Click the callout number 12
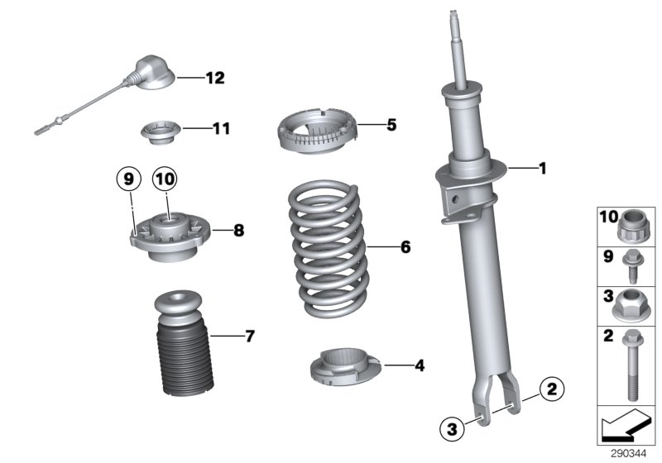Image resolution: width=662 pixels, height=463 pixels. point(214,79)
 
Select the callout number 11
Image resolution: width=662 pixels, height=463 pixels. point(220,129)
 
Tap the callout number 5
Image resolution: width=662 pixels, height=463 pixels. point(391,126)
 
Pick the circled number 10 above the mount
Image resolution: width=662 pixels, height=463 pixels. point(165,177)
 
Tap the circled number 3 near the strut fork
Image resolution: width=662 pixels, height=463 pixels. point(451,427)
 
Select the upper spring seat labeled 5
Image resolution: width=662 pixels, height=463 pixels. point(318,133)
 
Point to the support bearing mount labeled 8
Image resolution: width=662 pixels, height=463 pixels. point(169,240)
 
